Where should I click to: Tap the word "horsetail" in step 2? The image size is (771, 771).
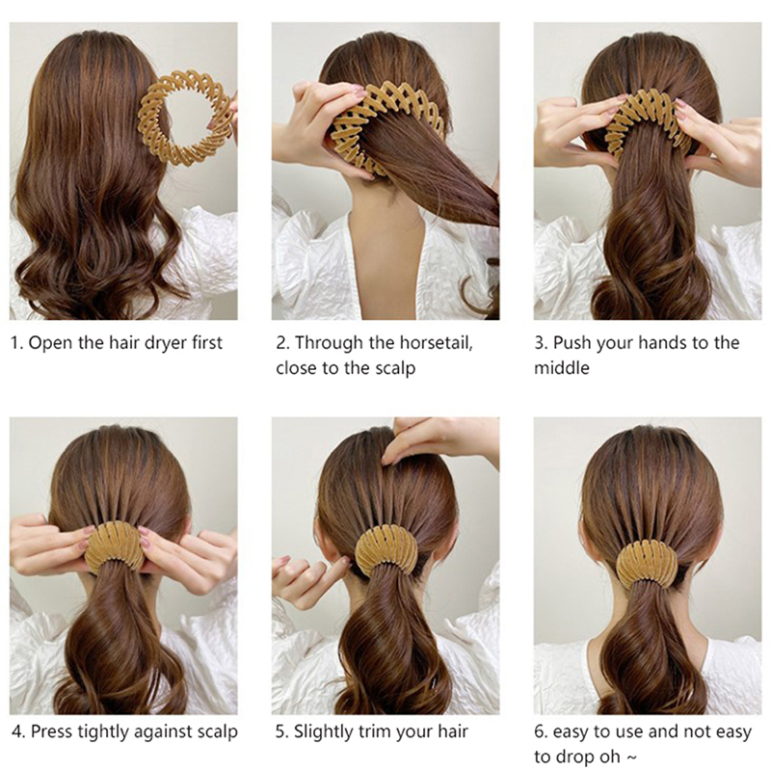coord(436,342)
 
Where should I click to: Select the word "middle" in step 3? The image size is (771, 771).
coord(562,368)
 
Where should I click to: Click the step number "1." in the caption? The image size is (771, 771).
coord(16,343)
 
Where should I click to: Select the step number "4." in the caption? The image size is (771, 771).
coord(18,731)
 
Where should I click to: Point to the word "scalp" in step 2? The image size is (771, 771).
coord(393,368)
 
